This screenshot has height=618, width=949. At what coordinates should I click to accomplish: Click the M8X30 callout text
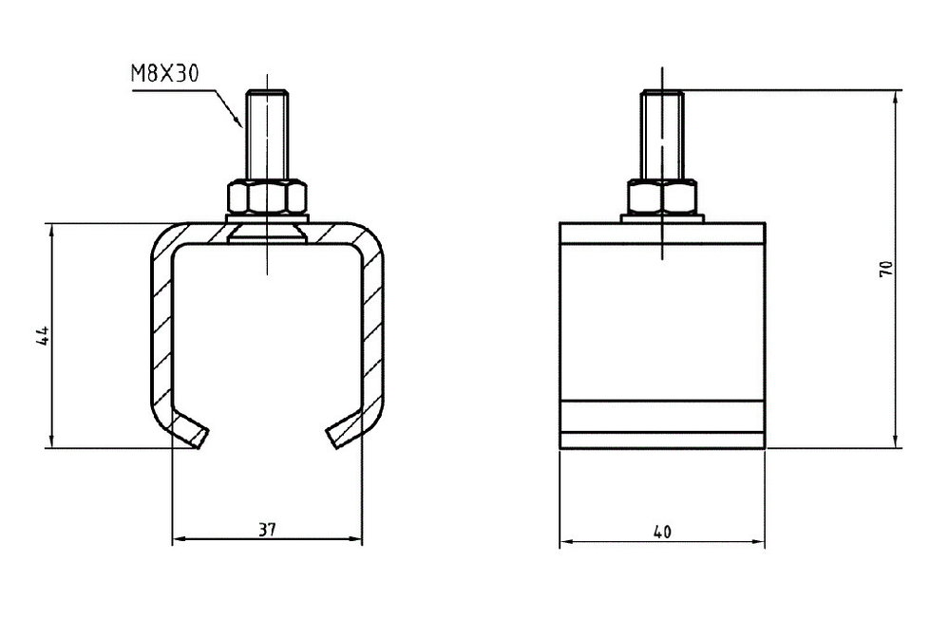pos(164,73)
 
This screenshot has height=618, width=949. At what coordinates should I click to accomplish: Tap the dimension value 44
pos(43,336)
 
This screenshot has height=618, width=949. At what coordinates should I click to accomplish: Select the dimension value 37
pos(267,530)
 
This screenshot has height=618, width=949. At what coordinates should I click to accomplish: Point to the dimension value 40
pos(662,532)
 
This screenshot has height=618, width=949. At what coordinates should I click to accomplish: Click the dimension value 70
pos(885,269)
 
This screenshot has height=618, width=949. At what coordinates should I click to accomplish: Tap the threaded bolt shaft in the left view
pos(267,134)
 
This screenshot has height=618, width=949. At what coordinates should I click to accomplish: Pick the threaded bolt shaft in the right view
pos(662,134)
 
